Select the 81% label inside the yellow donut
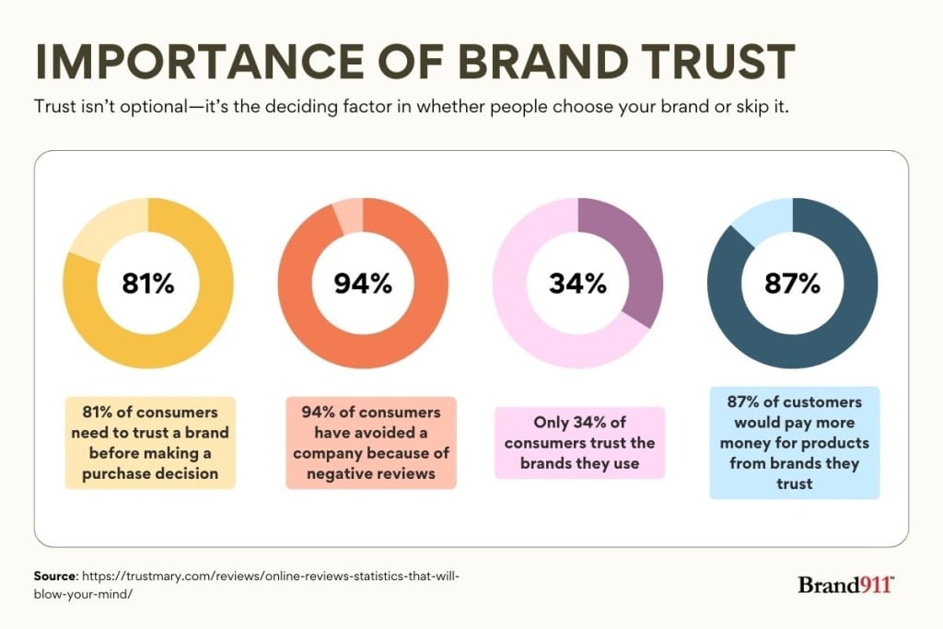[147, 284]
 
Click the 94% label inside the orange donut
[363, 284]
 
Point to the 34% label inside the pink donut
[577, 284]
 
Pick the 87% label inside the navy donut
[792, 284]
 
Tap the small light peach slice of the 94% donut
[349, 215]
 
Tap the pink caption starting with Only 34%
[579, 442]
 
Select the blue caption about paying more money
[794, 442]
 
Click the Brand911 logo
[845, 585]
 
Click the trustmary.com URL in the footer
[267, 576]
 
